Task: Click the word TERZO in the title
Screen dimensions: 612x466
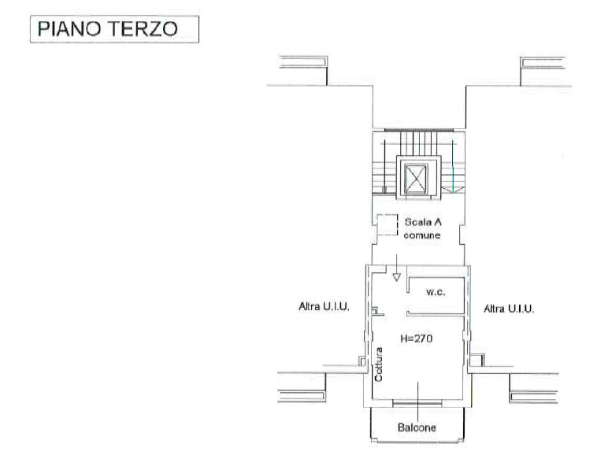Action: (143, 29)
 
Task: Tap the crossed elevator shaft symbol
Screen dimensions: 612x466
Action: (416, 179)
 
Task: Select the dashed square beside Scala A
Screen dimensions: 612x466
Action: (388, 225)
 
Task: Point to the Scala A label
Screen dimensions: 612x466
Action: (423, 222)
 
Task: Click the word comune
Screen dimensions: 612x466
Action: (422, 235)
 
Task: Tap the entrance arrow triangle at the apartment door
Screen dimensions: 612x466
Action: (396, 278)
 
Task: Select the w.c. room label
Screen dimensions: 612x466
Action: (436, 292)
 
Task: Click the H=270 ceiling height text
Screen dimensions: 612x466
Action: (417, 338)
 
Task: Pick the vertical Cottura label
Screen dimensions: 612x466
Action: (379, 364)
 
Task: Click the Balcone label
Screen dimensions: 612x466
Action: (417, 427)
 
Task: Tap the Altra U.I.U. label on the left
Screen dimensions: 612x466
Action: (324, 307)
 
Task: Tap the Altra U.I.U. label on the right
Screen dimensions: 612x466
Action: (509, 309)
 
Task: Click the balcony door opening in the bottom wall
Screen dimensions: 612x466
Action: (417, 403)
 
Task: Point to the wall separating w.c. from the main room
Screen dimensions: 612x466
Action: (436, 313)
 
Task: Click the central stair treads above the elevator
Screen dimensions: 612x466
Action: (418, 143)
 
